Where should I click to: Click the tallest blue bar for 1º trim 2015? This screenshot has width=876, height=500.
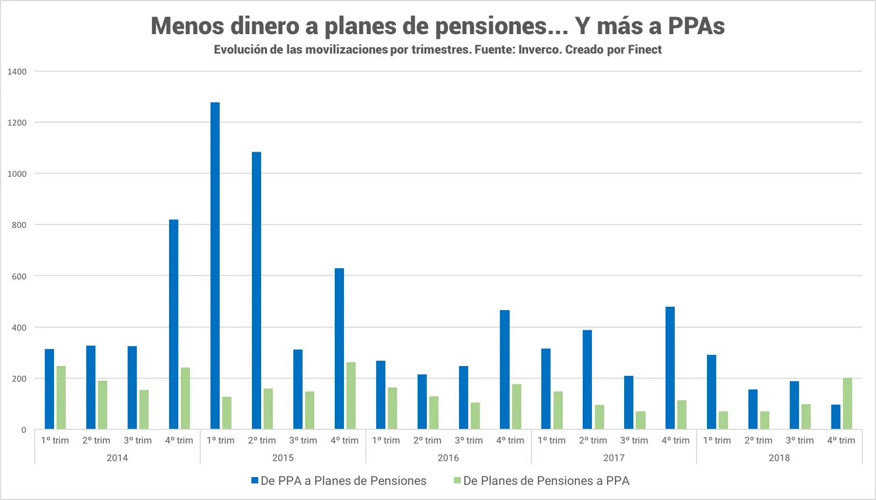point(215,266)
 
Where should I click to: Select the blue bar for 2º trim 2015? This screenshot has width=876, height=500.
point(256,291)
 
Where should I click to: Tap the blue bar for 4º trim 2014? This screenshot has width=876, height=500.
point(174,325)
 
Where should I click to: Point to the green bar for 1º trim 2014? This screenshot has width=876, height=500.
point(61,398)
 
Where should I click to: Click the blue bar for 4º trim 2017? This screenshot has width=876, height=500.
point(670,368)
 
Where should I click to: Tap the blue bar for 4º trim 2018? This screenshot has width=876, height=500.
point(835,417)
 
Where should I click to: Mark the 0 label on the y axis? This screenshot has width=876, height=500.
point(24,430)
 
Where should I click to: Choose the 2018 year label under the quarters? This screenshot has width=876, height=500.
point(779,457)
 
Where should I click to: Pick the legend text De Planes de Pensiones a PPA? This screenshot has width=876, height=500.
point(546,481)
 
